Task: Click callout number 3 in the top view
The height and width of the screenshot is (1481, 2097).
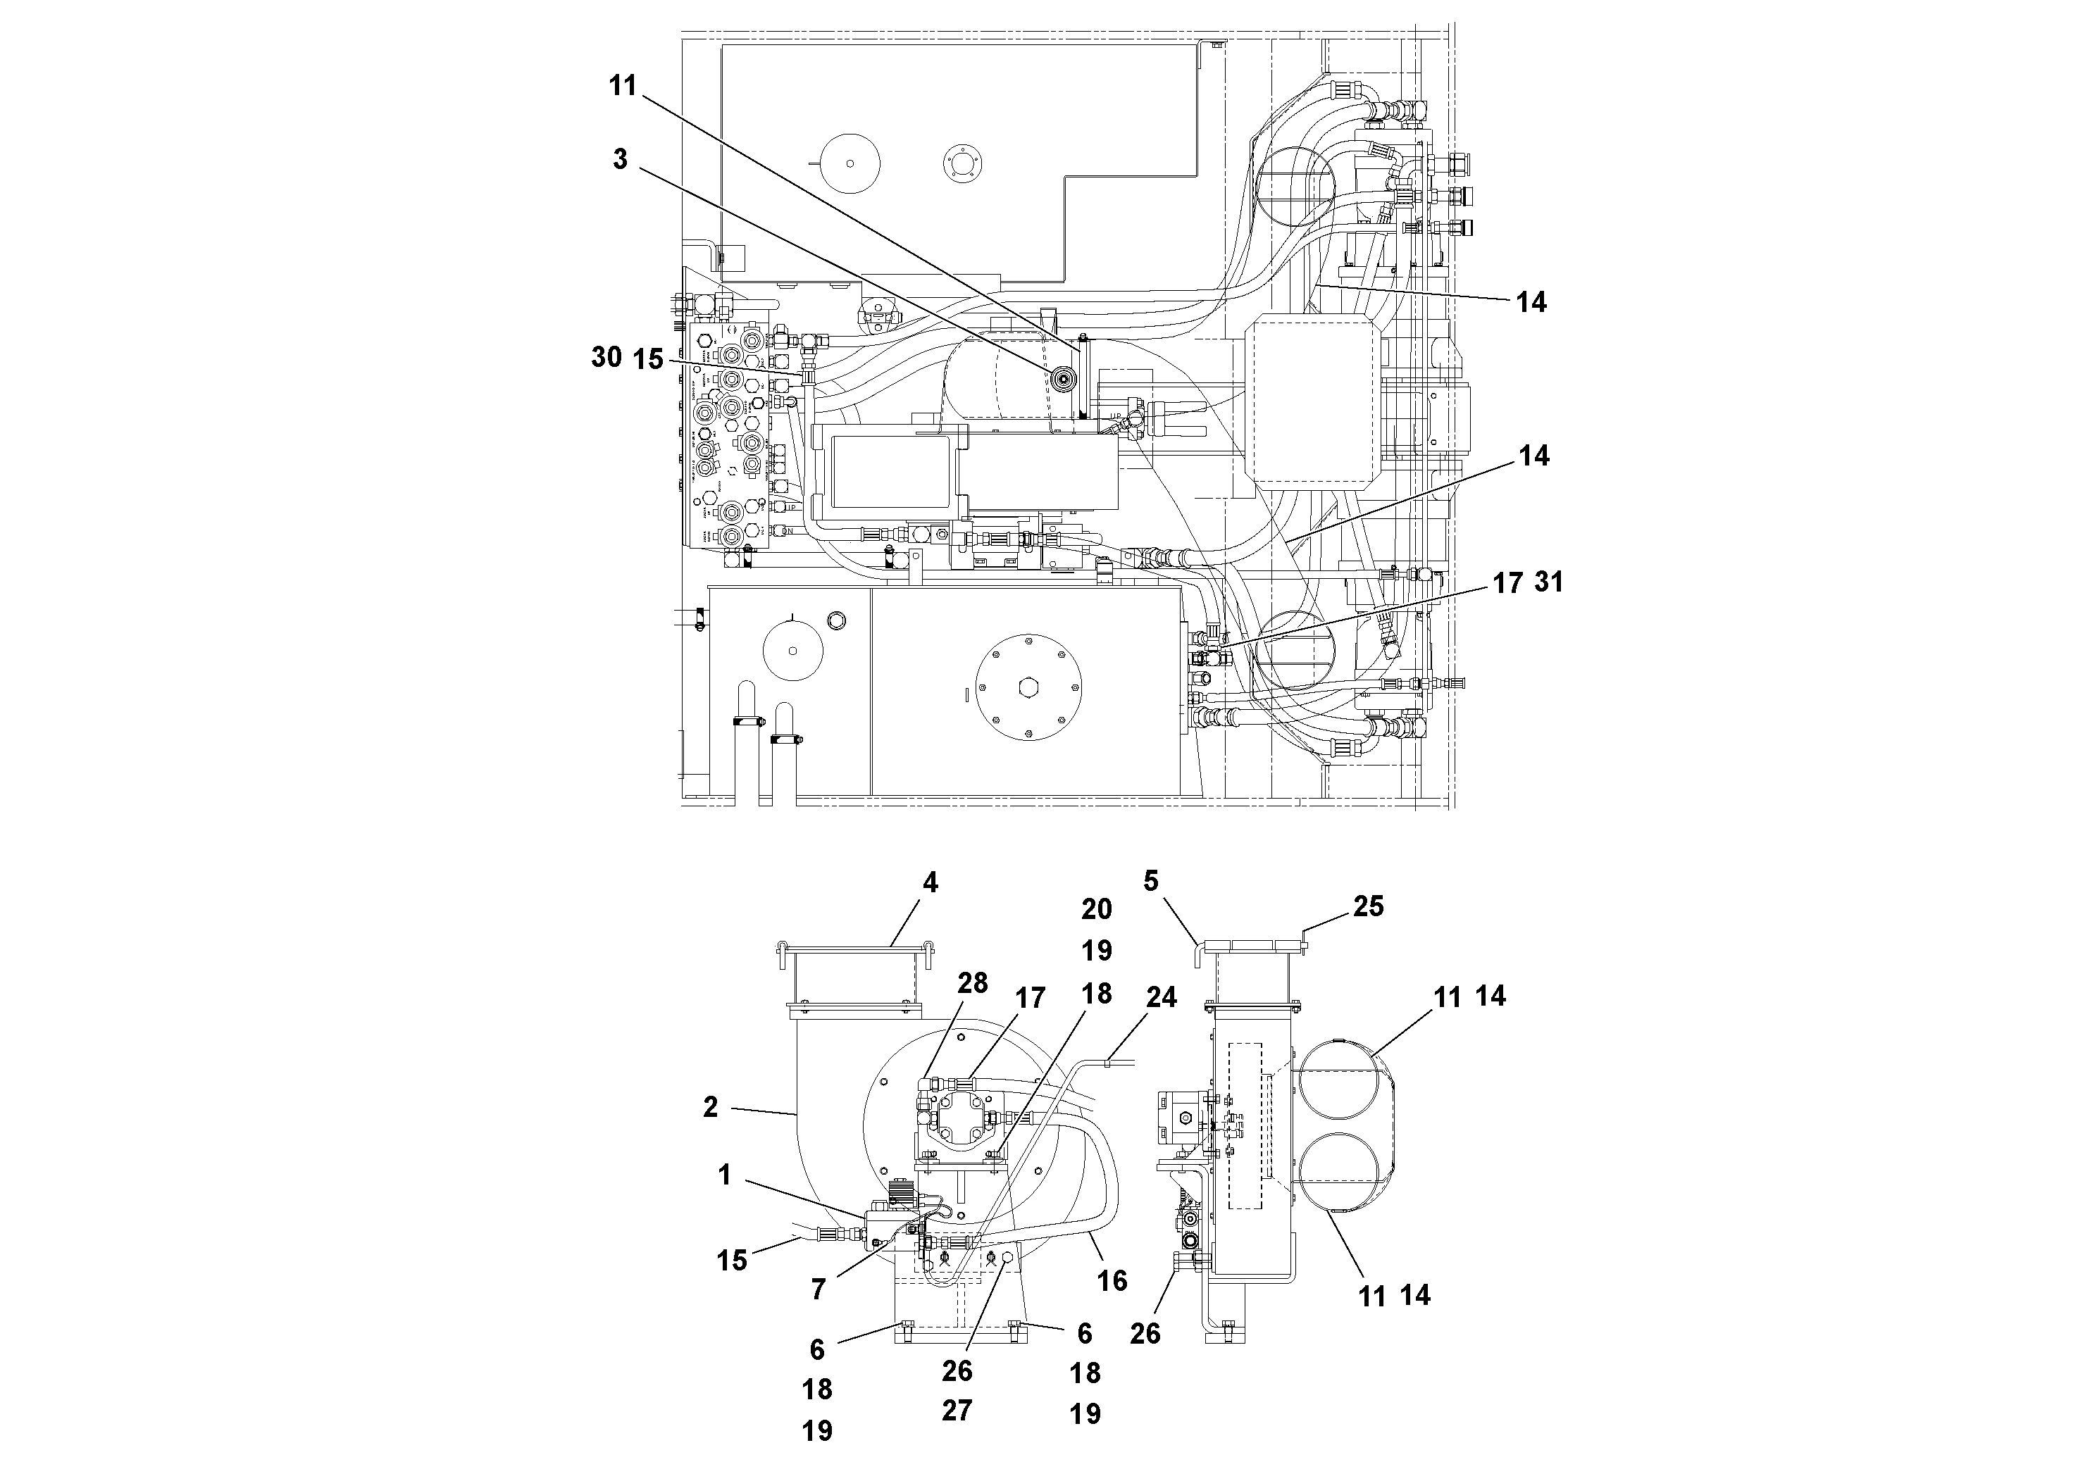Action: tap(620, 159)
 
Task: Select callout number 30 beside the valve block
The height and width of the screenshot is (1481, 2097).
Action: tap(606, 357)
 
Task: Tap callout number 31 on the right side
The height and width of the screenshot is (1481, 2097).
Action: tap(1549, 582)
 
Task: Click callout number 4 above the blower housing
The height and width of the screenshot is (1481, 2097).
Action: tap(930, 883)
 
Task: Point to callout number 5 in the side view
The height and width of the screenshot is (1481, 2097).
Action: tap(1151, 881)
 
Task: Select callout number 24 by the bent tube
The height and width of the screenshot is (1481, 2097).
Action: tap(1161, 997)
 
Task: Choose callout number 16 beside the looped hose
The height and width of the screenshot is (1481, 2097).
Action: tap(1112, 1281)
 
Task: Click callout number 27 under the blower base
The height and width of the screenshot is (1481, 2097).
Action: tap(957, 1411)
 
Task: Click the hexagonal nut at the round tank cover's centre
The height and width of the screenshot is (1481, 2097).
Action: tap(1029, 687)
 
